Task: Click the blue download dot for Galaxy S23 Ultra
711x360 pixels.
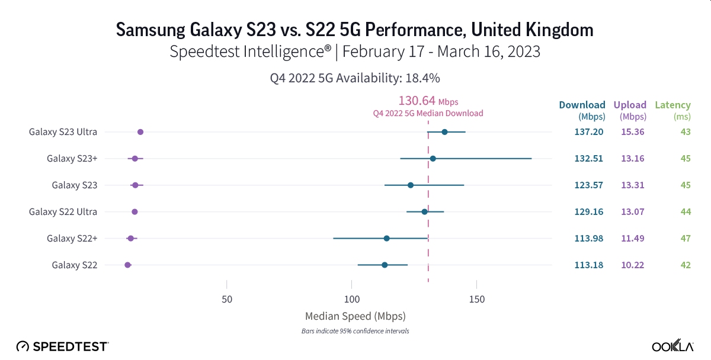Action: coord(444,132)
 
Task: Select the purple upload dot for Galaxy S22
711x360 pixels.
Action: coord(127,265)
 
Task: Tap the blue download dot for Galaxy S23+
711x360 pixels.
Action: coord(433,159)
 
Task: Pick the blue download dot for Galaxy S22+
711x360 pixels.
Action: coord(386,238)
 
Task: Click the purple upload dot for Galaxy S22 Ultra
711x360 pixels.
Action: coord(134,211)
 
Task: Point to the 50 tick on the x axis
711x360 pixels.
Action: coord(227,299)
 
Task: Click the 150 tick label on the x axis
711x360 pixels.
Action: coord(476,299)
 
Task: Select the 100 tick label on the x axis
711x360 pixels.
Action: coord(352,299)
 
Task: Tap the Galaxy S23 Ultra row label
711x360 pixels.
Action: coord(63,132)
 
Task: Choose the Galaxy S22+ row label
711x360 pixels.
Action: coord(72,238)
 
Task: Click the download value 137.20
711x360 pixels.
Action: coord(588,132)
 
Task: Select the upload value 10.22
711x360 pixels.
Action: coord(632,265)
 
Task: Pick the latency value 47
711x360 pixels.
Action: coord(685,238)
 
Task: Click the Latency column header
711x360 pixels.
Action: coord(672,105)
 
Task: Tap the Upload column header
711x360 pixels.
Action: coord(630,105)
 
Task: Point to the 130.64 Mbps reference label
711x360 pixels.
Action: coord(428,101)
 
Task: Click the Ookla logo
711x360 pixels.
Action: coord(673,346)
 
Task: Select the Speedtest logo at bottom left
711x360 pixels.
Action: coord(62,346)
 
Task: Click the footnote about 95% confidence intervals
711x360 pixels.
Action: coord(355,331)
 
